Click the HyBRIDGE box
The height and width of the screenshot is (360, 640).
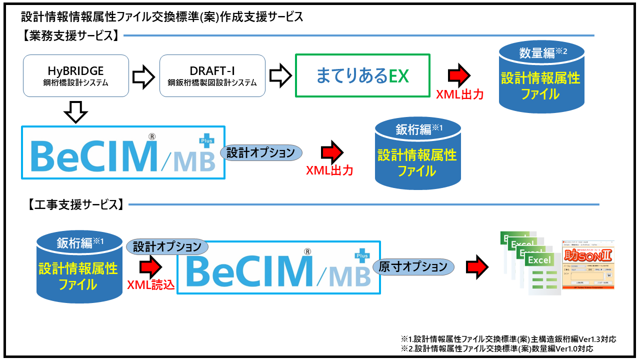click(76, 75)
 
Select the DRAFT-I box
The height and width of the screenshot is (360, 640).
click(212, 75)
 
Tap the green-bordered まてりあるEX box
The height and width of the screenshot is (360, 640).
click(362, 75)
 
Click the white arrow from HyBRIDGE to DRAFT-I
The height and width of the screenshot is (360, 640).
click(144, 75)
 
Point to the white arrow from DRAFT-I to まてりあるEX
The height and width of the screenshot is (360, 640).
click(280, 75)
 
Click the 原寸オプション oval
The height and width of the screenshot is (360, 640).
click(413, 266)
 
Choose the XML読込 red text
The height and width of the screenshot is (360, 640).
click(150, 285)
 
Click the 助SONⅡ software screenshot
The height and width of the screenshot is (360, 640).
click(588, 265)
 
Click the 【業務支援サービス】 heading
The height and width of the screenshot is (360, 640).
click(70, 35)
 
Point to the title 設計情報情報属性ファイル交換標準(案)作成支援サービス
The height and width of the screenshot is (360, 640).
click(162, 17)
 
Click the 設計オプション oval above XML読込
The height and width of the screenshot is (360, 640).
click(166, 246)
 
